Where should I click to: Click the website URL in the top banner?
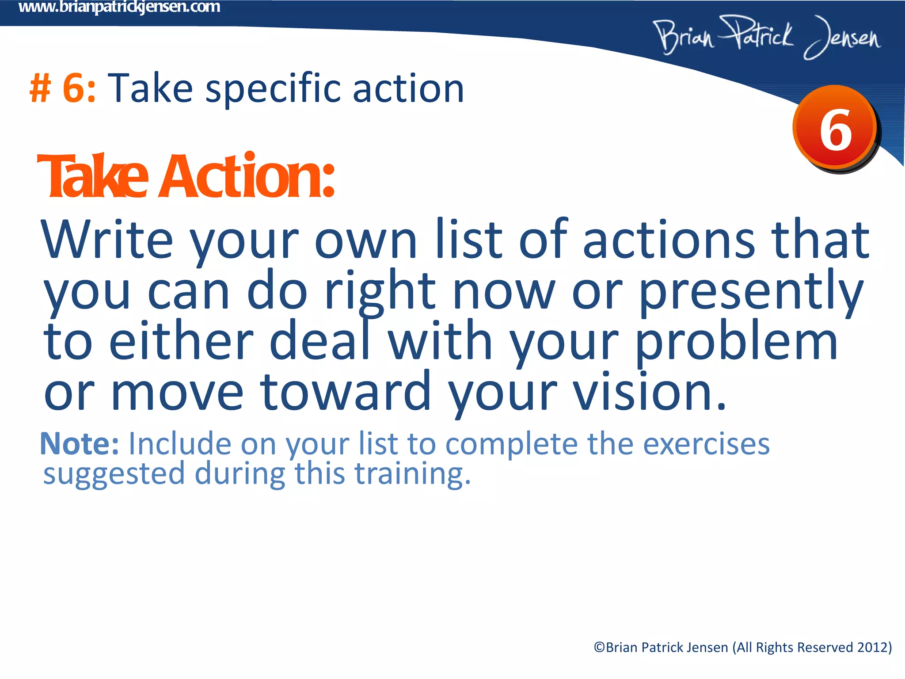coord(119,8)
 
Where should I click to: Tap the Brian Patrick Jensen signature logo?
coord(767,38)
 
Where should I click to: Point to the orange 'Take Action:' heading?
coord(186,176)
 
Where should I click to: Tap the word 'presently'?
coord(751,292)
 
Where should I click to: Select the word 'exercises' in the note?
coord(706,443)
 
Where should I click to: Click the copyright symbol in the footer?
coord(599,648)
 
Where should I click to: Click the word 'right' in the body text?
coord(380,292)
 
